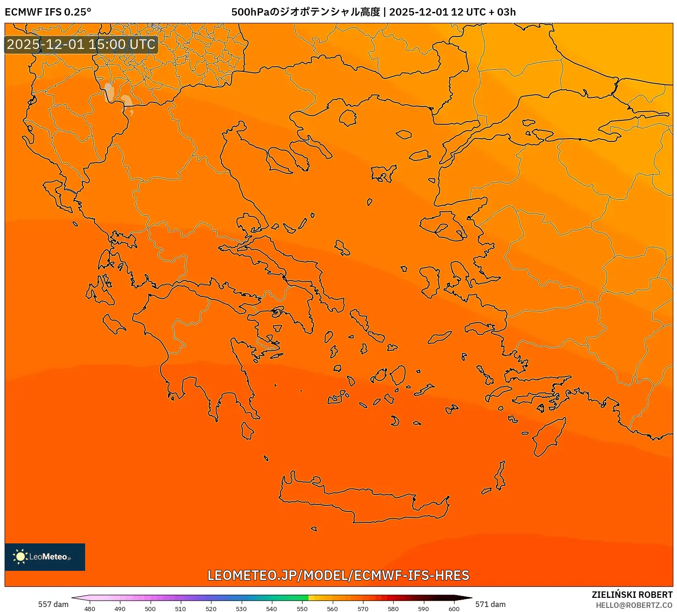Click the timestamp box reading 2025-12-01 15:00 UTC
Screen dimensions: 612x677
point(81,44)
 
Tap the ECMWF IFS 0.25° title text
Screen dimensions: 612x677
point(48,12)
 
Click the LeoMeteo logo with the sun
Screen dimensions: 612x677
point(44,557)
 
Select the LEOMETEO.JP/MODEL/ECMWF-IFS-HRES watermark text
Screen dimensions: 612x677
point(338,575)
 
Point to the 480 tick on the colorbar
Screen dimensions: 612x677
point(90,609)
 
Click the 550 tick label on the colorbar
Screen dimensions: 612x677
point(302,609)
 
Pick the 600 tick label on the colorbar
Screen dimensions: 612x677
point(454,609)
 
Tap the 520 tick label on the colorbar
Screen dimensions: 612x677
point(211,609)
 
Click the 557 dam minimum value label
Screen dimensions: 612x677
point(53,604)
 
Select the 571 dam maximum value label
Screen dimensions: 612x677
point(490,604)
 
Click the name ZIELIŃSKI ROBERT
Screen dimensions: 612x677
point(632,595)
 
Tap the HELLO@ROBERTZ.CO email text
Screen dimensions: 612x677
point(634,605)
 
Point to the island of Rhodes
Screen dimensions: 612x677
point(547,436)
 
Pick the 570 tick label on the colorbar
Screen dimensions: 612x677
point(363,609)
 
